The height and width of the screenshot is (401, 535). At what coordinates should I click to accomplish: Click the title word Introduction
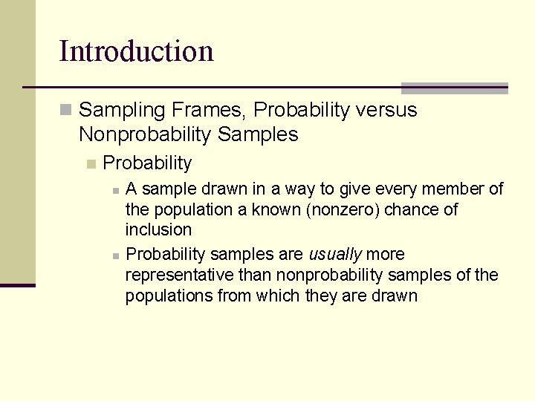pyautogui.click(x=136, y=52)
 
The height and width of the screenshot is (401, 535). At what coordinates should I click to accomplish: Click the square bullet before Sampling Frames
pyautogui.click(x=66, y=111)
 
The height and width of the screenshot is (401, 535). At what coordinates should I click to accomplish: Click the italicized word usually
pyautogui.click(x=335, y=255)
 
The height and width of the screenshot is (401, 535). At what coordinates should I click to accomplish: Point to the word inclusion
pyautogui.click(x=158, y=230)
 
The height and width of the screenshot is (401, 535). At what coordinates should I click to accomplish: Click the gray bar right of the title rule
pyautogui.click(x=454, y=88)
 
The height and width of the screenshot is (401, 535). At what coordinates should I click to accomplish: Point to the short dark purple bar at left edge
pyautogui.click(x=17, y=285)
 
